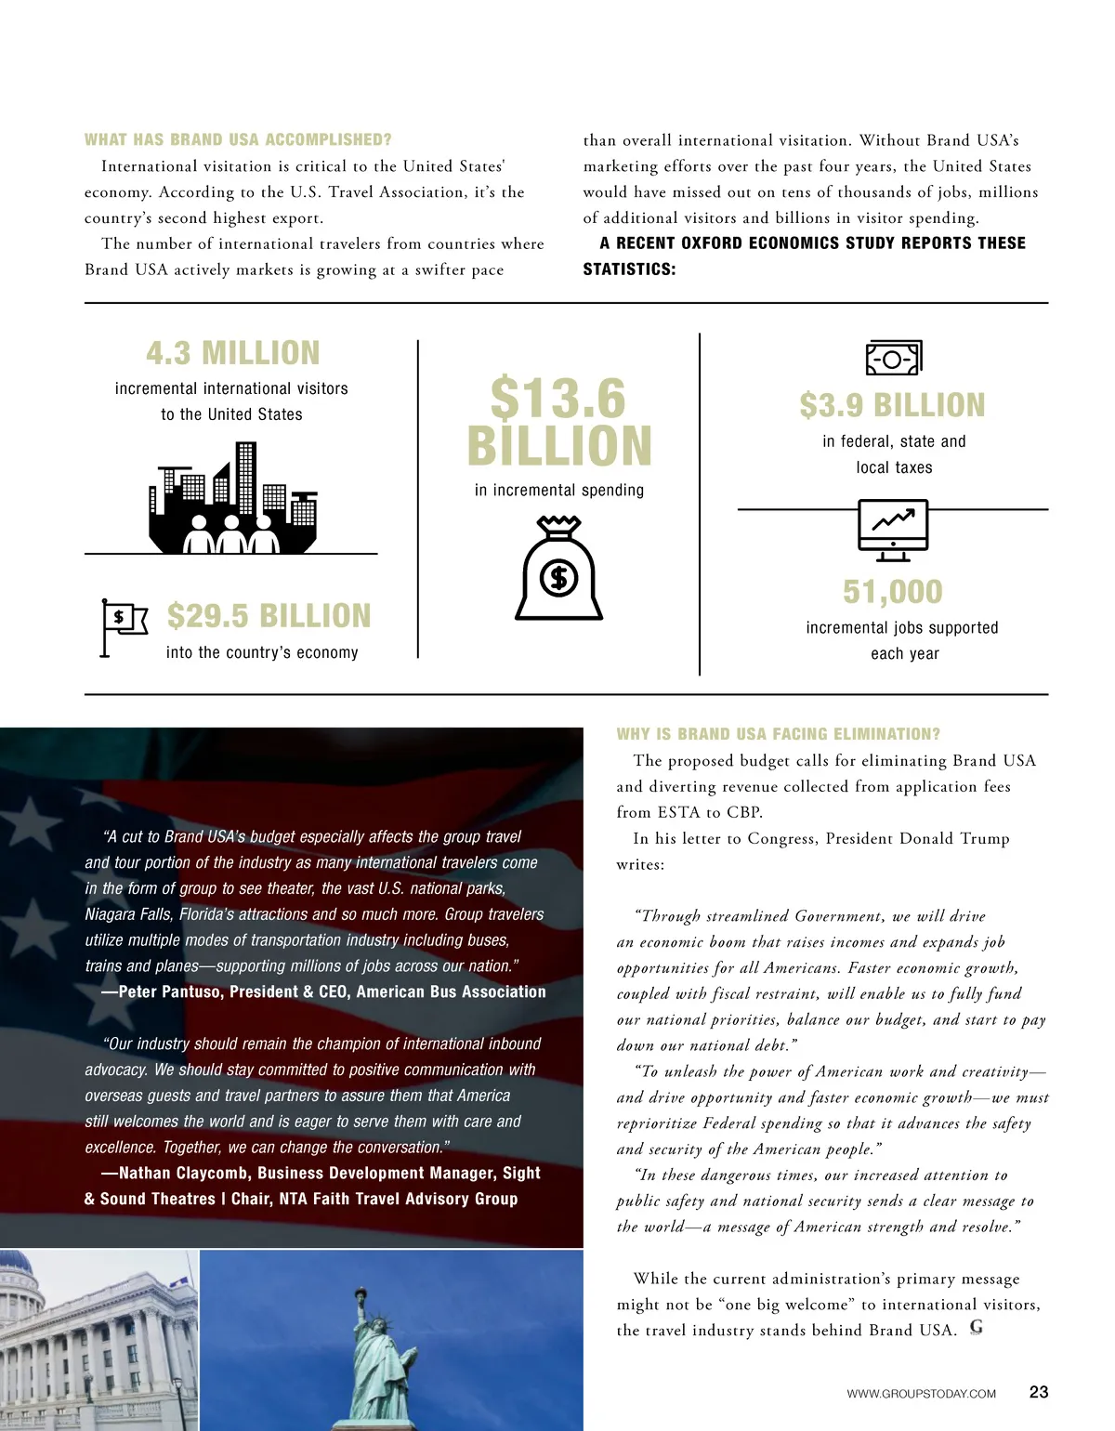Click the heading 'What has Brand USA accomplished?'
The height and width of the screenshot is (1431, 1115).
[x=238, y=140]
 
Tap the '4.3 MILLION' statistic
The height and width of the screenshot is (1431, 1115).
[x=232, y=353]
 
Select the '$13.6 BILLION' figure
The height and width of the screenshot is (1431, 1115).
[x=559, y=423]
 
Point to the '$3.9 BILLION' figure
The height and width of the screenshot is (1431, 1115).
[x=892, y=405]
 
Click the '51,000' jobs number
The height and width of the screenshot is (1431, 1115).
[x=892, y=592]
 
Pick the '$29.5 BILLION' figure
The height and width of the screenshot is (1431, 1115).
[x=269, y=616]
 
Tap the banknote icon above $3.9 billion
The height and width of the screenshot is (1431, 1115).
[x=893, y=358]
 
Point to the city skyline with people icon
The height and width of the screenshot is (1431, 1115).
[x=232, y=498]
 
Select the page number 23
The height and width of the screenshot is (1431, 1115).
[x=1039, y=1392]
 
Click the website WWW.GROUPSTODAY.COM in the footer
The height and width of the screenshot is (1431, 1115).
[x=921, y=1394]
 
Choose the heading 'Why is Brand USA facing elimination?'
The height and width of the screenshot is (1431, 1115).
[x=779, y=734]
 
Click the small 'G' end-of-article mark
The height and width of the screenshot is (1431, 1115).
[x=976, y=1328]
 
